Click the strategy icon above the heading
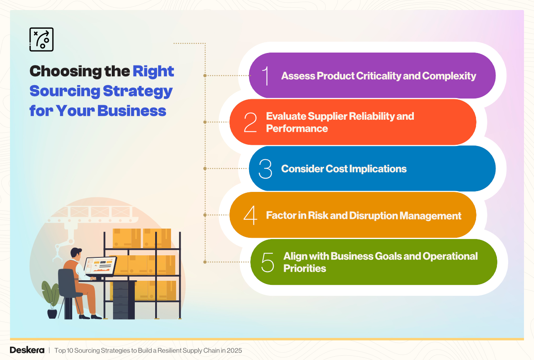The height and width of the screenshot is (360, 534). point(41,40)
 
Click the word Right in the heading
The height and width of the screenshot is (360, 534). point(153,71)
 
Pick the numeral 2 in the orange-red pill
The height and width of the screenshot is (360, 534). point(250,122)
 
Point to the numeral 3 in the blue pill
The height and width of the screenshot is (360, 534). point(265,169)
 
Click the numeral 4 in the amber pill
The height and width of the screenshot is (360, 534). point(250,216)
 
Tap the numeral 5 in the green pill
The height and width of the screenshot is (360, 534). point(267,262)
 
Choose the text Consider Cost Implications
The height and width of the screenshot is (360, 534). point(344,169)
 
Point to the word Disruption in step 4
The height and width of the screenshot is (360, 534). point(376,216)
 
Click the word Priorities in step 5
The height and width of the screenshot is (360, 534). point(305,268)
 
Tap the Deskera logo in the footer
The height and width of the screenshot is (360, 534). point(27,350)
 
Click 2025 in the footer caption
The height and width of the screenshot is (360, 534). point(234,350)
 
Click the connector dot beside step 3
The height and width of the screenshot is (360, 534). point(205,169)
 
